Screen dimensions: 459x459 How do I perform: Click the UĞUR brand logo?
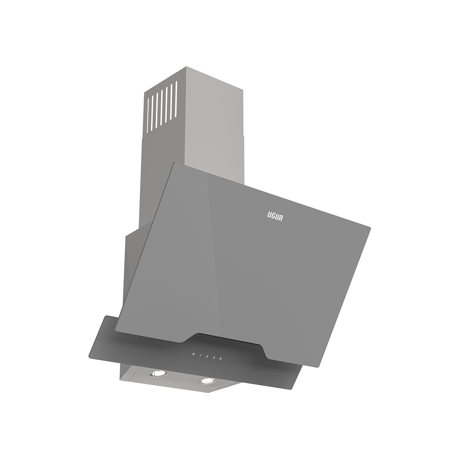point(275,217)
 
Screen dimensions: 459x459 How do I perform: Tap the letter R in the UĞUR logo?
point(281,217)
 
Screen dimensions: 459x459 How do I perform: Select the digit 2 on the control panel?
point(207,357)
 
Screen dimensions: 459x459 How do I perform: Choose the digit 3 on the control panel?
point(214,358)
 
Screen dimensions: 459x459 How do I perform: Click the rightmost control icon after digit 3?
point(221,359)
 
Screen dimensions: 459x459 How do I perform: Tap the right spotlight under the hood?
point(206,381)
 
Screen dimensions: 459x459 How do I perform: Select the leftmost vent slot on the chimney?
point(147,115)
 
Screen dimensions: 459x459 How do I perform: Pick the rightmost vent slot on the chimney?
point(176,93)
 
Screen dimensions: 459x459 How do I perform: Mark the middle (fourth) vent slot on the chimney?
point(162,104)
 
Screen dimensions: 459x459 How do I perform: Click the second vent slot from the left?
point(152,112)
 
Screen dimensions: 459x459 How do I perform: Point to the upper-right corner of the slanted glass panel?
point(369,227)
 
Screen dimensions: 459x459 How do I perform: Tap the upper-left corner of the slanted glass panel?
point(172,163)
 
